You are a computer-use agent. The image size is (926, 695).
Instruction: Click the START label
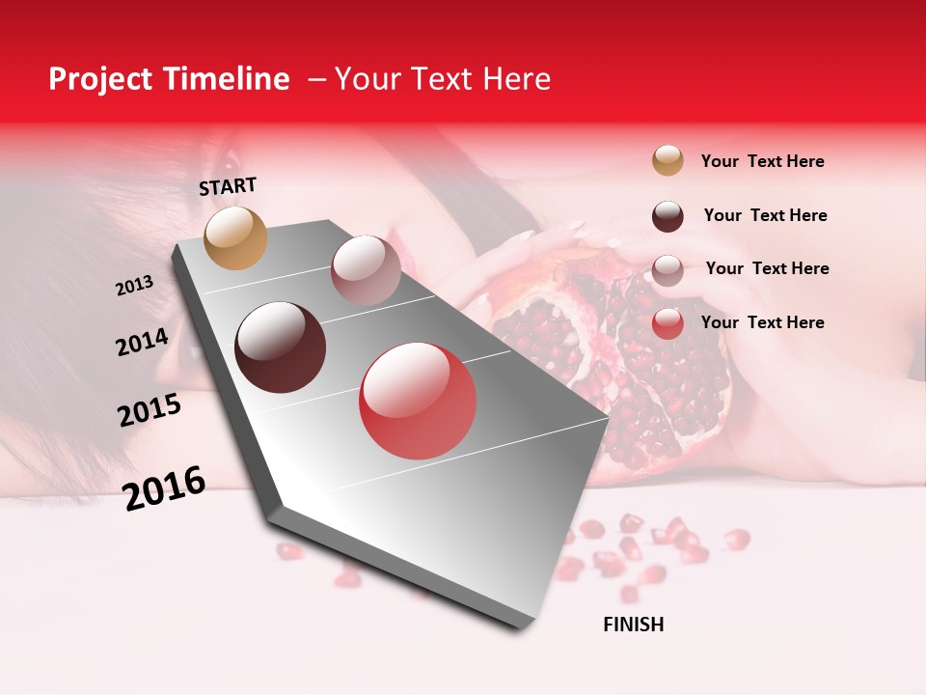coord(228,186)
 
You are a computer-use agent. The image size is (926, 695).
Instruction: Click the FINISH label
coord(633,625)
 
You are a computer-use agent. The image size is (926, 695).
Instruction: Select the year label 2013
coord(134,286)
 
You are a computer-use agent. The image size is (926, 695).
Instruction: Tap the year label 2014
coord(142,343)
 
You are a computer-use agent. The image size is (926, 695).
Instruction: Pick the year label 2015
coord(150,410)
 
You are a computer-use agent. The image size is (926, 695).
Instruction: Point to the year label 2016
coord(164,488)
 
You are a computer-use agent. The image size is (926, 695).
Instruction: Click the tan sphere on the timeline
coord(235,237)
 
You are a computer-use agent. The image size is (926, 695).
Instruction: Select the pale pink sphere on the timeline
coord(366,269)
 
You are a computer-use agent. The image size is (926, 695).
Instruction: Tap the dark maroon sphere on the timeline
coord(281,347)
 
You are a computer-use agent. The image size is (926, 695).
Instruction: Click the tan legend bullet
coord(667,161)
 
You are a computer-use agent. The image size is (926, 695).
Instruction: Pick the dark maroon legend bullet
coord(667,216)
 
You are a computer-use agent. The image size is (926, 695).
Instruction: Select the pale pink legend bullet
coord(667,270)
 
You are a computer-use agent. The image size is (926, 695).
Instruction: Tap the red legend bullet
coord(667,324)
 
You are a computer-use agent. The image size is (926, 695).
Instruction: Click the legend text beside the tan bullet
coord(762,162)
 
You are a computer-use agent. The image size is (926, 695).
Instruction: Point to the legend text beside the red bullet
coord(762,322)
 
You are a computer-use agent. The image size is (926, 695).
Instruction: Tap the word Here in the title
coord(516,79)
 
